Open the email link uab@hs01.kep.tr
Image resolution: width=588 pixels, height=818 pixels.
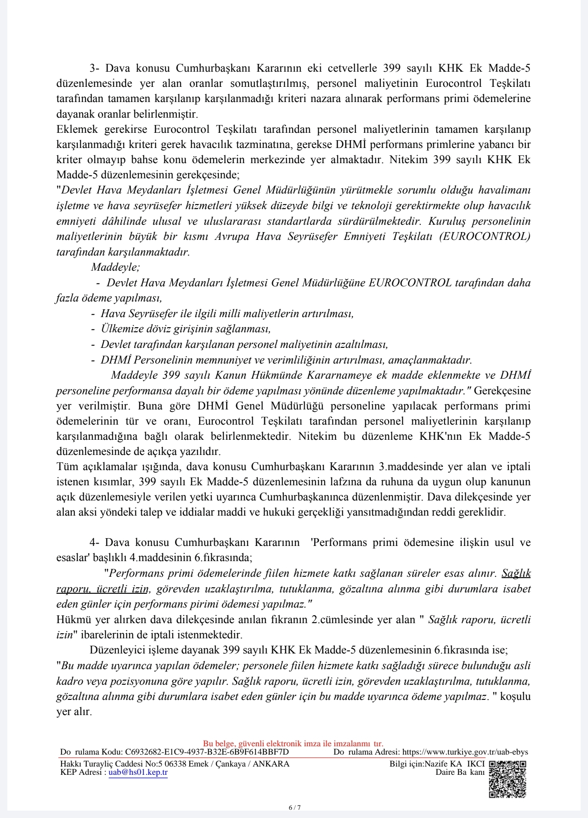click(138, 772)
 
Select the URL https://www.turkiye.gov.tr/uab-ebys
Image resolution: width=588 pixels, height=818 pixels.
click(465, 752)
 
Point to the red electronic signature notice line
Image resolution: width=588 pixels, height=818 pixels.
click(293, 744)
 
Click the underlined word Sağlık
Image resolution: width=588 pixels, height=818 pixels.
click(516, 573)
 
